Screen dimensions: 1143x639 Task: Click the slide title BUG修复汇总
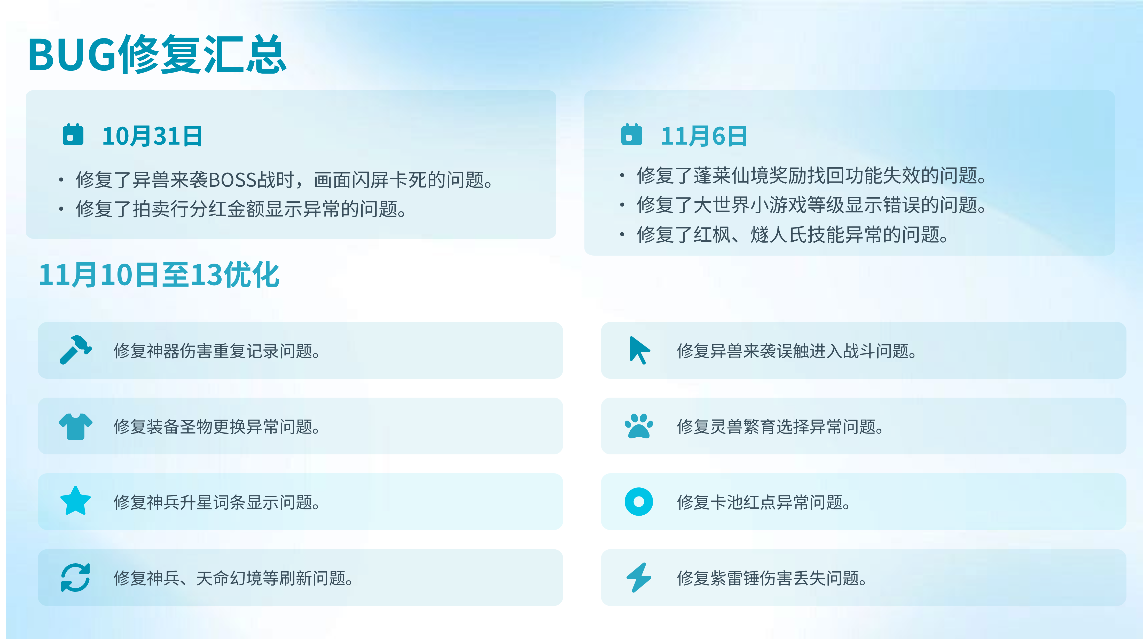click(157, 54)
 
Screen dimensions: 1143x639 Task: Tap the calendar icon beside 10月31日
click(73, 135)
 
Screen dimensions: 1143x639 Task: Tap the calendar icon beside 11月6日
click(631, 135)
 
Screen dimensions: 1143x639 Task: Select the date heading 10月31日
click(152, 136)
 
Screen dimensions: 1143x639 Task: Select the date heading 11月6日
click(704, 136)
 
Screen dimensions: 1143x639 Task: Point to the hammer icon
click(75, 350)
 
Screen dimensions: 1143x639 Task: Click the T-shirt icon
click(75, 427)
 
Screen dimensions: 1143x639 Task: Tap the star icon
click(75, 501)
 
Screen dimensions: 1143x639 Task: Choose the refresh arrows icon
click(75, 578)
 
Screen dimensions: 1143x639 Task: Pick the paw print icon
click(639, 426)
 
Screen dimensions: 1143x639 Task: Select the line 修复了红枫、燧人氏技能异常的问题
click(793, 234)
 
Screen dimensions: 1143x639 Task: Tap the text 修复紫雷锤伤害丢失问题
click(772, 578)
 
